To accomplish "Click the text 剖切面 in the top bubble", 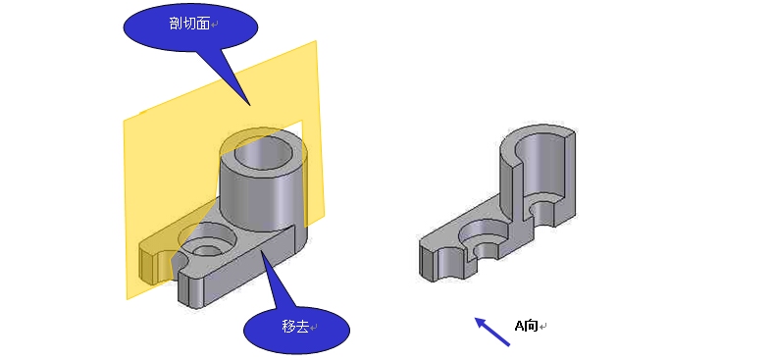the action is click(189, 24).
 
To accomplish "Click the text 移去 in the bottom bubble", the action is click(295, 326).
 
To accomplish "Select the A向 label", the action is click(526, 326).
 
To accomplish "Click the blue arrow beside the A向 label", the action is click(492, 332).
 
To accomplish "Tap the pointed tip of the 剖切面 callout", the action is click(250, 105).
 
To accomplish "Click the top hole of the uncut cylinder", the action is click(262, 151).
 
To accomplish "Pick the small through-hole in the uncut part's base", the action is click(207, 250).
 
